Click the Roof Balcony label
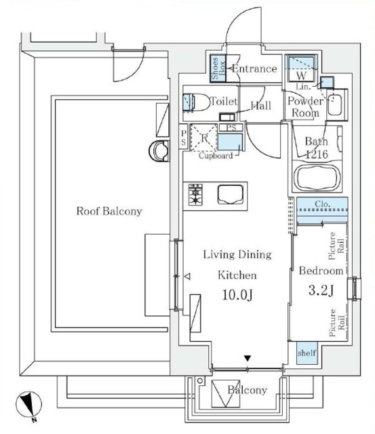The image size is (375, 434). [x=109, y=211]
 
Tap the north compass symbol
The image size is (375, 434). [x=28, y=406]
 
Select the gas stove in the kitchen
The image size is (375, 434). [x=195, y=195]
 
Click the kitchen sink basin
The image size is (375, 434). [x=231, y=195]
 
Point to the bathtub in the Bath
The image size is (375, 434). [x=317, y=178]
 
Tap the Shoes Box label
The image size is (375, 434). [x=218, y=68]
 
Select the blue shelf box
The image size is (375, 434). [x=307, y=353]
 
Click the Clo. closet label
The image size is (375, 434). [x=323, y=204]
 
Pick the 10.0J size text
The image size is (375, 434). [x=237, y=295]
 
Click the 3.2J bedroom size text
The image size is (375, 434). [x=321, y=290]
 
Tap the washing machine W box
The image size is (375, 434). [x=301, y=68]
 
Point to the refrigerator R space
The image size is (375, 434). [x=204, y=138]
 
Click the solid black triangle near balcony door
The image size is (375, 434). [x=248, y=359]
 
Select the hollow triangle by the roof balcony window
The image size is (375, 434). [x=187, y=276]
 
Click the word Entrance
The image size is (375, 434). [x=254, y=68]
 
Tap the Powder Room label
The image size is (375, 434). [x=306, y=107]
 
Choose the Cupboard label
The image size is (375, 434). [x=216, y=155]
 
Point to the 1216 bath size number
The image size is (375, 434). [x=317, y=154]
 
